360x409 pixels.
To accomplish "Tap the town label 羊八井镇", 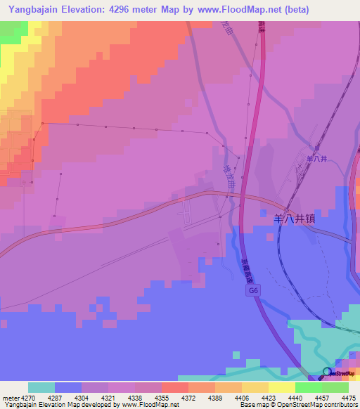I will click(x=294, y=219).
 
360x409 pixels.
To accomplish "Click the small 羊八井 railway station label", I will click(x=317, y=159).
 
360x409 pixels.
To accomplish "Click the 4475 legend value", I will click(x=349, y=397).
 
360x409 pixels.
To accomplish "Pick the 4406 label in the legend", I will click(x=241, y=397).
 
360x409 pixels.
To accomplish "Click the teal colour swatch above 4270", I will click(x=41, y=387).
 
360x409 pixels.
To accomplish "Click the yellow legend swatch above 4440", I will click(x=281, y=387).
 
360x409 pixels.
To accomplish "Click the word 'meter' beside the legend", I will click(x=8, y=397).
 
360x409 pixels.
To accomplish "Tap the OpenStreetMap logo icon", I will click(x=327, y=372).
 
